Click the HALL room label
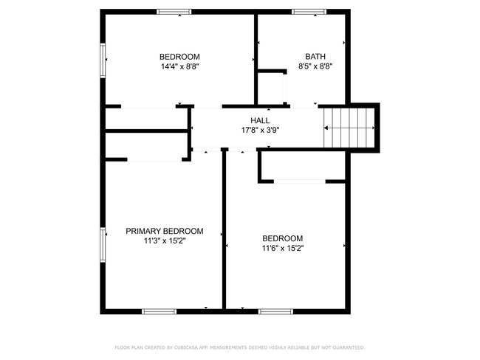coord(260,120)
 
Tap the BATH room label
coord(315,57)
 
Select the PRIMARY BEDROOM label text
coord(164,231)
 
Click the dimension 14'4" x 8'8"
coord(180,66)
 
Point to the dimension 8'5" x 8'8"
coord(315,66)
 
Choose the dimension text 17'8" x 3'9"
coord(260,130)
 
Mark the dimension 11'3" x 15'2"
coord(164,240)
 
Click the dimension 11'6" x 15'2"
coord(284,249)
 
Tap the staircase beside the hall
coord(351,129)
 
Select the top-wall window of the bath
coord(309,12)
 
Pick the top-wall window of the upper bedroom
coord(174,12)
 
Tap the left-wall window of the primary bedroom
coord(103,244)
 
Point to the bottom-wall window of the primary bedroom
coord(159,311)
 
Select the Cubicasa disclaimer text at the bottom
coord(239,347)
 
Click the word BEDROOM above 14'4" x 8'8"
coord(180,57)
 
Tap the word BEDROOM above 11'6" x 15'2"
coord(284,238)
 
